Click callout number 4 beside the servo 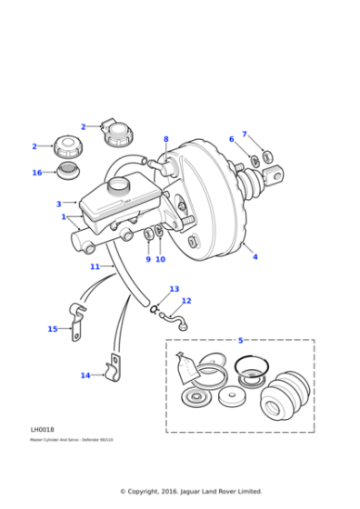255,257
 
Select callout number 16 37,173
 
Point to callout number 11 95,267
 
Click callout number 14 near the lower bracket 85,375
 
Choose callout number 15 53,329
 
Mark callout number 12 186,301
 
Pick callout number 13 175,289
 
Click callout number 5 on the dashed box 240,341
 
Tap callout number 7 244,135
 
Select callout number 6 231,139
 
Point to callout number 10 160,259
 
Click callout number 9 148,259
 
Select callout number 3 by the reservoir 59,205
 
